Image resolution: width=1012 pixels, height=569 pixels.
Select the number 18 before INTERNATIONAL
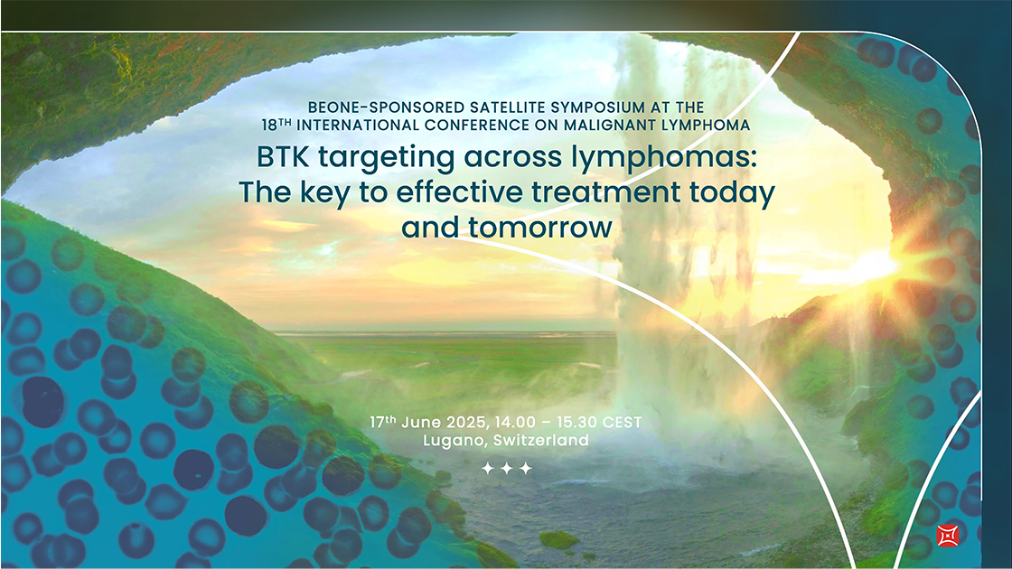[x=269, y=125]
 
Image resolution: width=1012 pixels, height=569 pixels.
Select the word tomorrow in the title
[x=540, y=228]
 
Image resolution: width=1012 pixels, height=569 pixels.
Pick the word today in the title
[x=732, y=193]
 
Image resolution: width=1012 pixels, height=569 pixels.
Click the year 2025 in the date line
[x=468, y=423]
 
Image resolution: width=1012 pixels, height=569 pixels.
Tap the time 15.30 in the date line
[x=576, y=423]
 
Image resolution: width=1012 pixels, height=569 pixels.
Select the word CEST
[x=622, y=423]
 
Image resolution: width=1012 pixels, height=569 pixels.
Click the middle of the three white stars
[x=507, y=469]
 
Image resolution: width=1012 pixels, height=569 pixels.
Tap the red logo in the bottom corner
[x=948, y=536]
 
